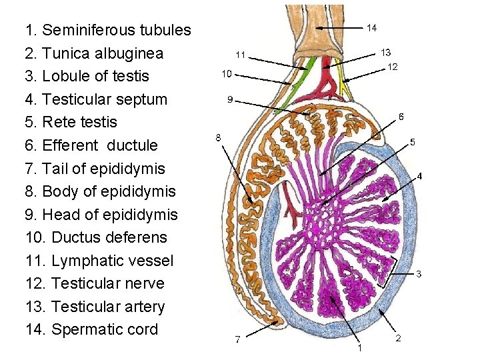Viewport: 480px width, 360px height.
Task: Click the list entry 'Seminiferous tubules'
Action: [x=107, y=31]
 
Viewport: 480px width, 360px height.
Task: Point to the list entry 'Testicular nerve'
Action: [x=97, y=284]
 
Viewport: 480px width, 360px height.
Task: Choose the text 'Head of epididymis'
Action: [x=100, y=215]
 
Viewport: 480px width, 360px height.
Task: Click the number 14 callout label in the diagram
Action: [x=372, y=27]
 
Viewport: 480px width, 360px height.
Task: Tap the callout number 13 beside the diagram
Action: [x=385, y=52]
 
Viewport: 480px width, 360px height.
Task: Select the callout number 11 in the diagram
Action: [x=240, y=54]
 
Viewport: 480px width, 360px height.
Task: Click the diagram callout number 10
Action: [x=227, y=73]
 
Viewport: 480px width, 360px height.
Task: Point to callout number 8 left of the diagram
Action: [x=218, y=138]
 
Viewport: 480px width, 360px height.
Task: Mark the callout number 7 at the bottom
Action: [x=237, y=340]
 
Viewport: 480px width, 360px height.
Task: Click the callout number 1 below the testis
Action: [x=359, y=347]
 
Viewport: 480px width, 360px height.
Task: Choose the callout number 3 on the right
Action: [x=418, y=274]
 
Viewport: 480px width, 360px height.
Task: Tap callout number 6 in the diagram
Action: [x=401, y=117]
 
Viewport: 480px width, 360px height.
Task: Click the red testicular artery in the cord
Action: [x=327, y=69]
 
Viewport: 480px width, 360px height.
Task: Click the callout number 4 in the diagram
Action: [x=419, y=176]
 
